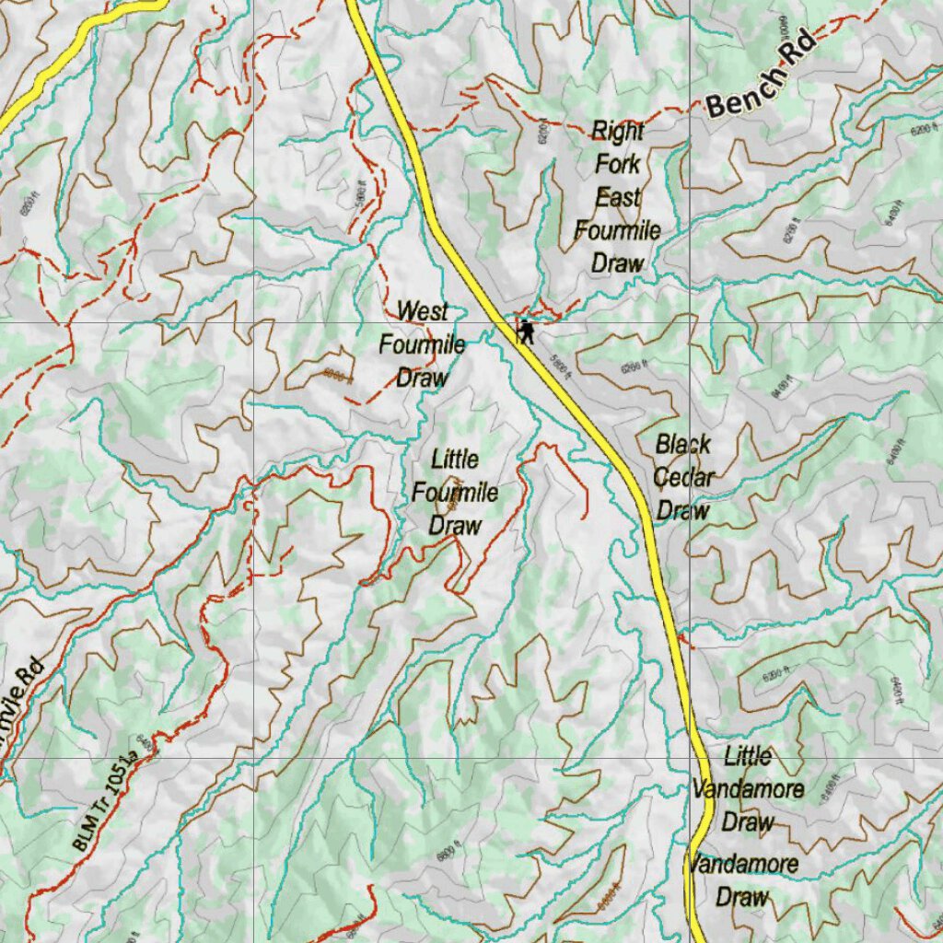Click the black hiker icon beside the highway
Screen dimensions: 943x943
526,332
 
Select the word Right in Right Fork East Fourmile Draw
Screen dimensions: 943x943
617,132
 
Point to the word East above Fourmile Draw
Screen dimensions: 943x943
618,197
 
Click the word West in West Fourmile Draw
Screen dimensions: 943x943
423,311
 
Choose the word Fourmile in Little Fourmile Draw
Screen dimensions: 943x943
455,493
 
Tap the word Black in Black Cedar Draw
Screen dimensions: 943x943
683,445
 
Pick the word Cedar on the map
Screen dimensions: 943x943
683,478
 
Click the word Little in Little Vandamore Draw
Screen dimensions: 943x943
748,757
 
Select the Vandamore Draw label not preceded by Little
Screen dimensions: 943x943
742,879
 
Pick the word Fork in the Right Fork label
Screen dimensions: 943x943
618,165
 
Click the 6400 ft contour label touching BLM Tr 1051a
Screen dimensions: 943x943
144,742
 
